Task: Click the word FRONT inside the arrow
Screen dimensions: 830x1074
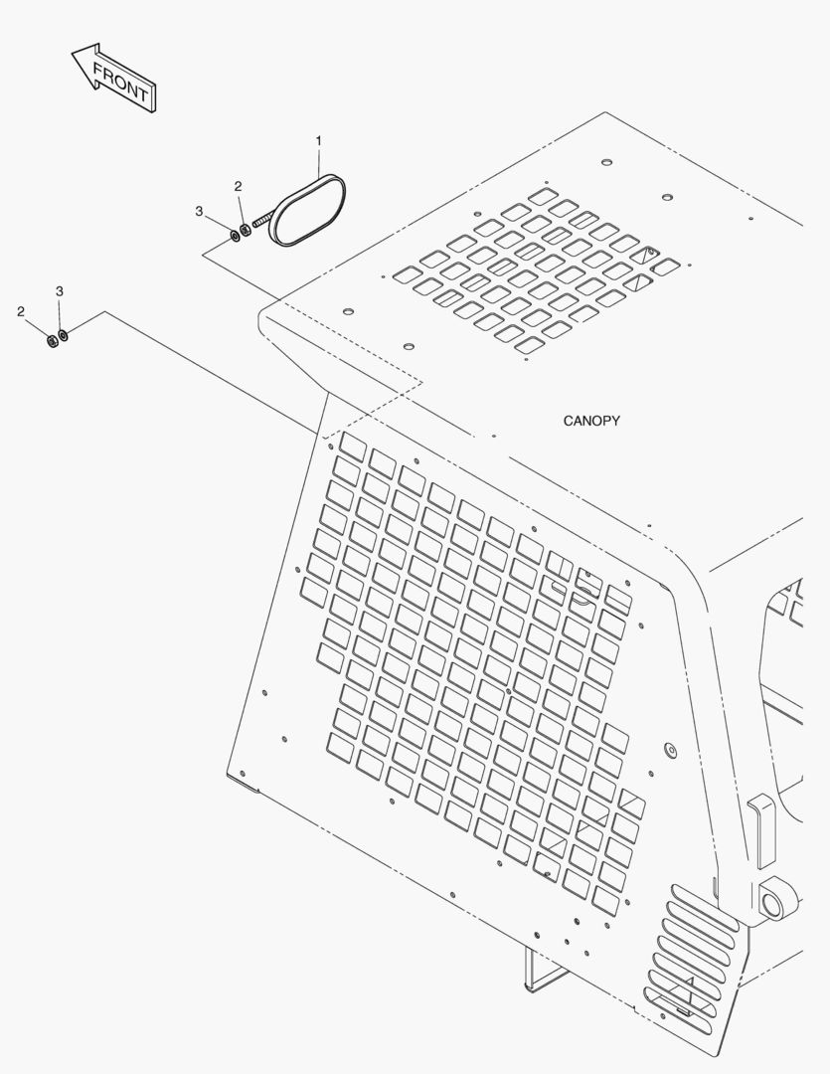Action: coord(120,82)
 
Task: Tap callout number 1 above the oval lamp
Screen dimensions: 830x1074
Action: coord(318,141)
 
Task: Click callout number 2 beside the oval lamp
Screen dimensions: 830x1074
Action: coord(238,186)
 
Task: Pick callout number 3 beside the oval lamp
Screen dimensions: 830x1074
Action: coord(199,211)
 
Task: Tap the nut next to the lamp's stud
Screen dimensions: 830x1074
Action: coord(246,230)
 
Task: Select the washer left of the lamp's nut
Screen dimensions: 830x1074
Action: coord(235,236)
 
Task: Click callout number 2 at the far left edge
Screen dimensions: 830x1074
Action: coord(21,311)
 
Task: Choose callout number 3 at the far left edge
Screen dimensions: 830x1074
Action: coord(60,291)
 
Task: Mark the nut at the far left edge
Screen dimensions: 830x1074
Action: coord(51,340)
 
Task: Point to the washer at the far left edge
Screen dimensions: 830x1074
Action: coord(63,335)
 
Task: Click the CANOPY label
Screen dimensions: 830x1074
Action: coord(591,421)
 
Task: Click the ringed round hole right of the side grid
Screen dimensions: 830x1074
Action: coord(671,750)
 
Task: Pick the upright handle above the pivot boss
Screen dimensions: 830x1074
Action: coord(761,830)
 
